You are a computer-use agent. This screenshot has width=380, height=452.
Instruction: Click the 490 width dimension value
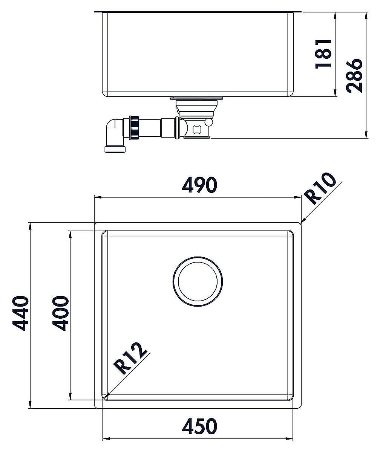click(x=199, y=185)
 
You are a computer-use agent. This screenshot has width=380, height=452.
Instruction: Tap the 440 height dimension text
click(x=20, y=313)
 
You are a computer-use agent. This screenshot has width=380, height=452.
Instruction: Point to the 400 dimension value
click(x=60, y=313)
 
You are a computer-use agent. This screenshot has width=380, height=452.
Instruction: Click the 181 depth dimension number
click(x=323, y=54)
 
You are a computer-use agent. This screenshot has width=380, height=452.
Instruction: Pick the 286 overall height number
click(x=354, y=76)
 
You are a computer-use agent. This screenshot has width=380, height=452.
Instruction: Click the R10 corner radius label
click(x=320, y=189)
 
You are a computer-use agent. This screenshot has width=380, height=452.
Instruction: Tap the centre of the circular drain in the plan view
click(x=198, y=281)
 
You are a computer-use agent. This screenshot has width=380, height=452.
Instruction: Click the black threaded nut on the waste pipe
click(x=134, y=128)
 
